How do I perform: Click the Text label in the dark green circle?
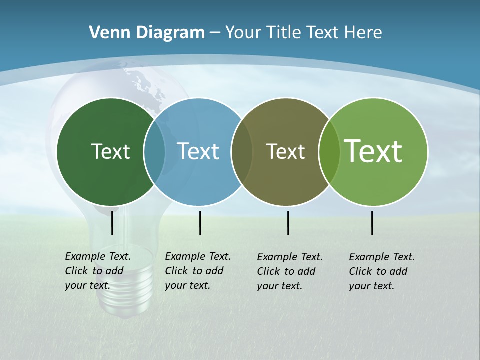click(x=110, y=151)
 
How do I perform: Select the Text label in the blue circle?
click(x=198, y=151)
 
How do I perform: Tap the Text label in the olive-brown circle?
click(x=285, y=151)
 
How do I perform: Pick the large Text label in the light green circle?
click(x=373, y=151)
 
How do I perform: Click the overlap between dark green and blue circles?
click(x=154, y=151)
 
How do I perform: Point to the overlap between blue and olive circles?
click(x=242, y=151)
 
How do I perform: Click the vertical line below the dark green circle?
click(x=112, y=223)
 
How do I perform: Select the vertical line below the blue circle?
click(x=200, y=223)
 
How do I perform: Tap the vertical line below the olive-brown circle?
click(x=288, y=223)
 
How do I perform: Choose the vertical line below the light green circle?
click(x=372, y=223)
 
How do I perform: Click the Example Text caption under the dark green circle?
click(x=98, y=271)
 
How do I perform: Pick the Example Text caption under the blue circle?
click(x=198, y=271)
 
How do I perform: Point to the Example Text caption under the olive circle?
click(x=290, y=271)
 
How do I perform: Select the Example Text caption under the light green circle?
click(x=382, y=271)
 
